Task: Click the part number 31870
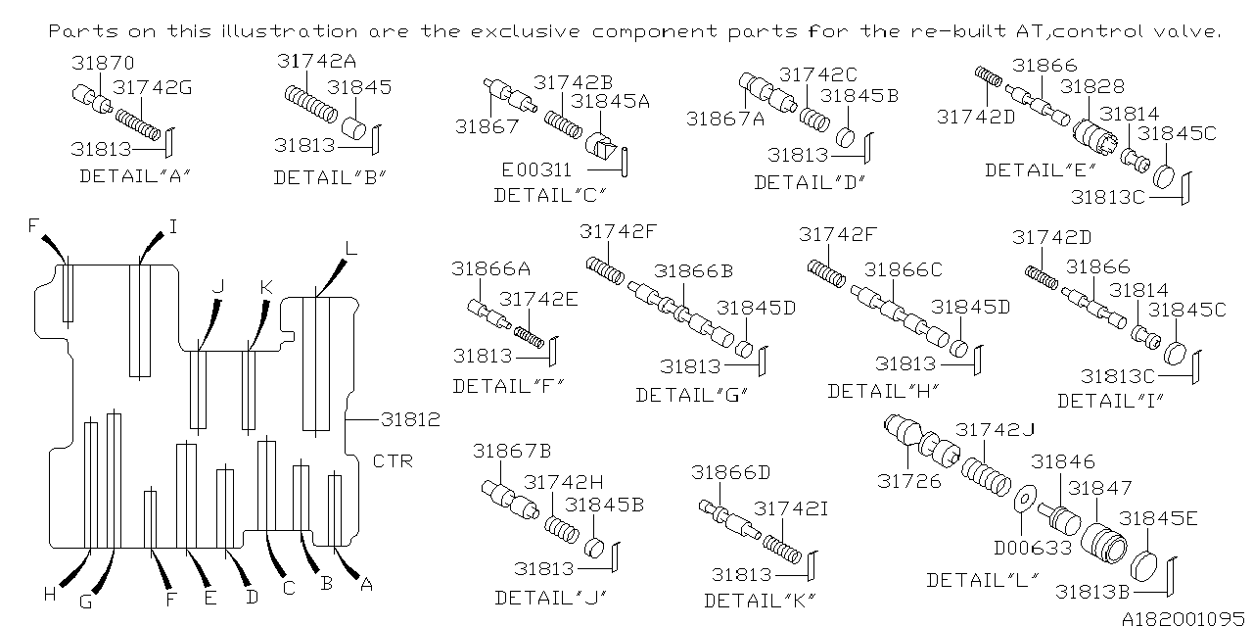pos(103,65)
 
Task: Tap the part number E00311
pos(536,169)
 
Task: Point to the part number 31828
pos(1092,87)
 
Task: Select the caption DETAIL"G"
pos(692,395)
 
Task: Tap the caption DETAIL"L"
pos(983,579)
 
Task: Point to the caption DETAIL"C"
pos(550,196)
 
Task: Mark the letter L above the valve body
pos(350,250)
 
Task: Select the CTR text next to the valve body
pos(394,460)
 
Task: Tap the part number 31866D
pos(730,472)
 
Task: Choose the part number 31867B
pos(512,451)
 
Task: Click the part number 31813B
pos(1094,591)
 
